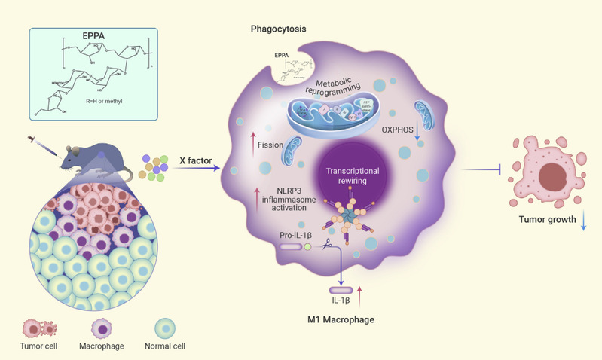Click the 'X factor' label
pos(194,161)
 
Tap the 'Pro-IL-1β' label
pos(299,236)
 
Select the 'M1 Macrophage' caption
pos(344,320)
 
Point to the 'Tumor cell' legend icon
pos(35,328)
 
